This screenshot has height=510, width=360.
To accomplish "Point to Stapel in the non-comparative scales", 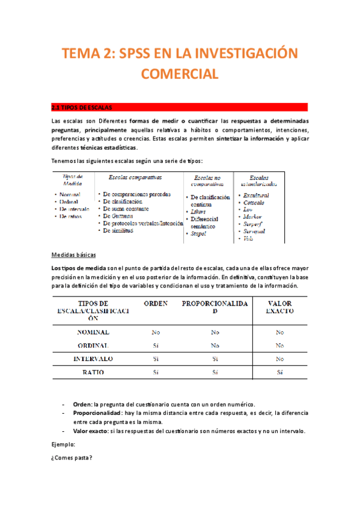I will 199,234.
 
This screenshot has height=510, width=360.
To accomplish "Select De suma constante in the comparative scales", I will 126,208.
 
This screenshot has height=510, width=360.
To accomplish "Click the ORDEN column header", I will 156,304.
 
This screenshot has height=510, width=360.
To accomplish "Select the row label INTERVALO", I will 93,358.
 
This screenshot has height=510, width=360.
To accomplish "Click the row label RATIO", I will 93,372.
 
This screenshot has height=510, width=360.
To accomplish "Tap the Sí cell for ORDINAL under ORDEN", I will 156,345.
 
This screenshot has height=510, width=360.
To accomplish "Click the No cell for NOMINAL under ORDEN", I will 156,332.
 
